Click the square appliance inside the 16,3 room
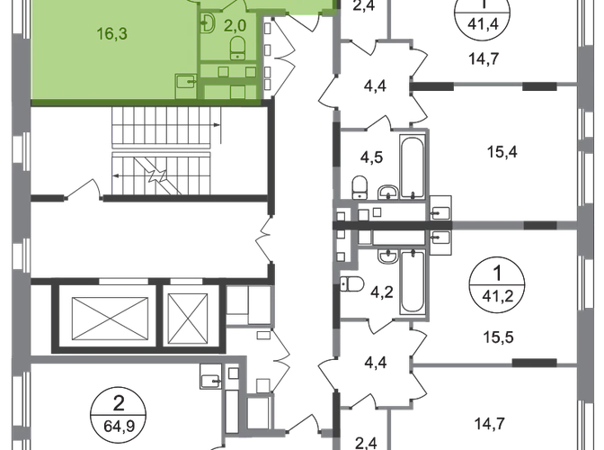pyautogui.click(x=186, y=82)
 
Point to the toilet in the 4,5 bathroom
pyautogui.click(x=387, y=189)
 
